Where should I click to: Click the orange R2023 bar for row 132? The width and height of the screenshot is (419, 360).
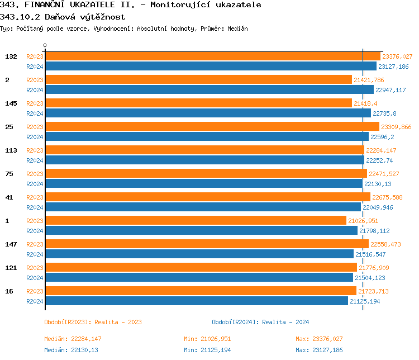pyautogui.click(x=212, y=56)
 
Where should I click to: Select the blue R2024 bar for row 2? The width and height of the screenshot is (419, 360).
pyautogui.click(x=209, y=90)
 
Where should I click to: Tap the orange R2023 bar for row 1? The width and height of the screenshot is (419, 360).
pyautogui.click(x=196, y=221)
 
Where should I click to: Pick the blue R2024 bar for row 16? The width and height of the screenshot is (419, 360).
pyautogui.click(x=196, y=301)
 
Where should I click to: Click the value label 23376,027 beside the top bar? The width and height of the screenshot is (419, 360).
pyautogui.click(x=397, y=56)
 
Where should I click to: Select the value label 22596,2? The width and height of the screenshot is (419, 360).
pyautogui.click(x=382, y=137)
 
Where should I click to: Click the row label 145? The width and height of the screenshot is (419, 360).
pyautogui.click(x=11, y=103)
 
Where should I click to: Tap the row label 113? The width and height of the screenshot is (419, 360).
pyautogui.click(x=11, y=150)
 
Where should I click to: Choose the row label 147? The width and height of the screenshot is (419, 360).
pyautogui.click(x=11, y=244)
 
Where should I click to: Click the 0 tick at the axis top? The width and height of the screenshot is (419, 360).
pyautogui.click(x=45, y=46)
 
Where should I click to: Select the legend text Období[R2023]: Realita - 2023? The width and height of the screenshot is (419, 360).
pyautogui.click(x=93, y=322)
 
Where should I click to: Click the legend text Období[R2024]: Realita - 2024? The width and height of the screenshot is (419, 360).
pyautogui.click(x=260, y=322)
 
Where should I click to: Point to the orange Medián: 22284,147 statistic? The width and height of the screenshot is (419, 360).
pyautogui.click(x=73, y=339)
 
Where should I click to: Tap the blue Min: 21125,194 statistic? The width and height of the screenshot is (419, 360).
pyautogui.click(x=207, y=350)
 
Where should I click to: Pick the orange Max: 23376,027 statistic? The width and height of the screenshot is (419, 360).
pyautogui.click(x=319, y=339)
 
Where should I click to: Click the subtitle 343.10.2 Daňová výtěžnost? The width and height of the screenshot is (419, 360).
pyautogui.click(x=63, y=17)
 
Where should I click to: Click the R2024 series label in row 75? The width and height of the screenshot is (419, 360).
pyautogui.click(x=35, y=184)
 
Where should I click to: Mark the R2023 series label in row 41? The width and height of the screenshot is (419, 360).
pyautogui.click(x=35, y=197)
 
